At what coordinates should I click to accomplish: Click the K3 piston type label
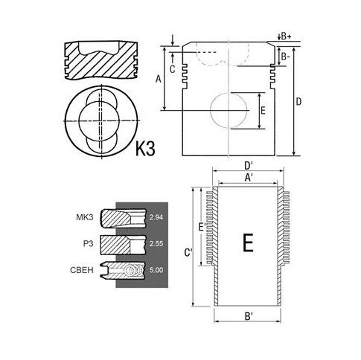point(145,148)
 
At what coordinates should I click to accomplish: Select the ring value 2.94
point(156,217)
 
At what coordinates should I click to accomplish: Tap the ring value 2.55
point(156,244)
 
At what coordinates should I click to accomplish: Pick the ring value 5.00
point(156,270)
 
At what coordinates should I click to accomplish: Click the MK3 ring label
point(85,217)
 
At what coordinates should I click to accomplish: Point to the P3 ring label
point(89,244)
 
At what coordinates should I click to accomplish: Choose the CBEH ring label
point(82,270)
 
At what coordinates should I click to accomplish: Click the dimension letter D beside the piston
point(298,102)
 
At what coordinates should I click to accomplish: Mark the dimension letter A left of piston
point(159,80)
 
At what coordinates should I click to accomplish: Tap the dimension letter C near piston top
point(172,69)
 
